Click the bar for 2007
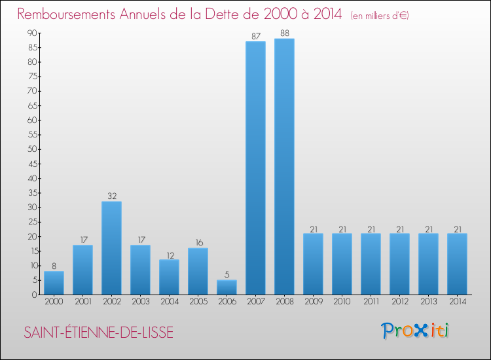pos(255,168)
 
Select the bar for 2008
pos(284,167)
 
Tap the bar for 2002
pos(111,248)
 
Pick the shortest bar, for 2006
pos(227,287)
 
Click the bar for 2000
pos(54,283)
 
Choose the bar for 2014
pos(457,264)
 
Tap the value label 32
pos(111,196)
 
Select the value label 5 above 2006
pos(227,275)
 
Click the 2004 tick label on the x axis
pos(169,303)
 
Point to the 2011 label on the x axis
pos(371,303)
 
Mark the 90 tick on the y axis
pos(31,33)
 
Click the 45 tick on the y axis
pos(31,164)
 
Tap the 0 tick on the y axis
pos(34,295)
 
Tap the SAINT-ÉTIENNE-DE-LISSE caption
pos(99,332)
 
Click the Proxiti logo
pos(416,331)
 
